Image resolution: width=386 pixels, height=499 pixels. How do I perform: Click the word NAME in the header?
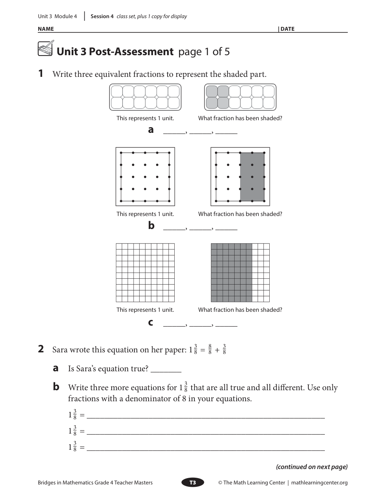(46, 29)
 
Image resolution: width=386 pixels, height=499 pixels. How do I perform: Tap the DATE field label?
(287, 29)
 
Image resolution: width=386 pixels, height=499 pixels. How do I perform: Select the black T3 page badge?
(193, 482)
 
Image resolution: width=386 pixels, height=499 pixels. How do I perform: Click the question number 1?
(41, 74)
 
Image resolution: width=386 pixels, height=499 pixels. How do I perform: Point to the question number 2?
(41, 349)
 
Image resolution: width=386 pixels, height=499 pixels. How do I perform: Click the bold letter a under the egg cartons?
(151, 130)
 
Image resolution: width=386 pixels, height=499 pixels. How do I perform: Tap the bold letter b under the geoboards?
(151, 225)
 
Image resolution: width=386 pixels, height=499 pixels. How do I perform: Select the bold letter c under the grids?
(151, 322)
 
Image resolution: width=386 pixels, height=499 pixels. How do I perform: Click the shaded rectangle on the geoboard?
(252, 177)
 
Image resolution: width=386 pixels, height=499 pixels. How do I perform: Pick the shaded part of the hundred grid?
(231, 272)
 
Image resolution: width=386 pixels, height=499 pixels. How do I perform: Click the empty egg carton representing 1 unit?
(145, 97)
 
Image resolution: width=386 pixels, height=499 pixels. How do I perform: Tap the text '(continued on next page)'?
(311, 467)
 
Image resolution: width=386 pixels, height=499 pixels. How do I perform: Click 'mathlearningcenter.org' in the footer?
(319, 482)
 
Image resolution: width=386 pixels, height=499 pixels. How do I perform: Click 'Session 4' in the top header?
(102, 17)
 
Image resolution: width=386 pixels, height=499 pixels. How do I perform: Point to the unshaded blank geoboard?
(145, 177)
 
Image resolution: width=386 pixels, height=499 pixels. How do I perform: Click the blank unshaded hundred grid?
(145, 272)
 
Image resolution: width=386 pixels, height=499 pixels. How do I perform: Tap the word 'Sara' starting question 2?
(60, 350)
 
